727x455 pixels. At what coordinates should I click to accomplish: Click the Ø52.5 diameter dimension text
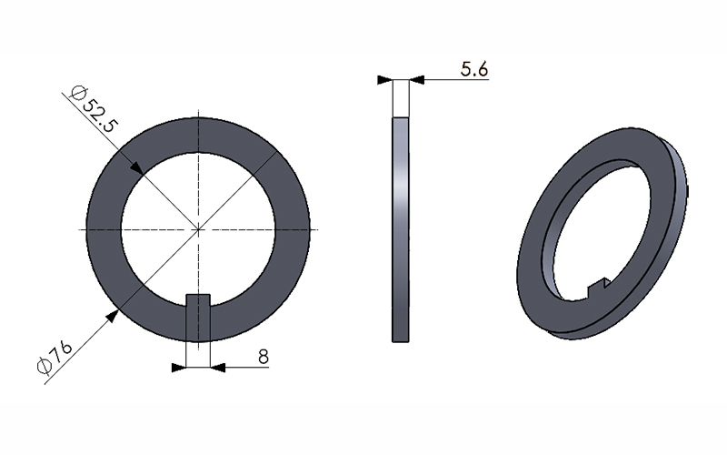94,109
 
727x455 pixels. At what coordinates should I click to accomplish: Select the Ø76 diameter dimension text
55,357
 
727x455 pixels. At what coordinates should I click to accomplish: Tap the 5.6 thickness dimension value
474,69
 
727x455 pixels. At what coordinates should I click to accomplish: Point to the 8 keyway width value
264,357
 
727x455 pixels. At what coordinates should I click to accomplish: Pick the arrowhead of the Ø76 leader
113,316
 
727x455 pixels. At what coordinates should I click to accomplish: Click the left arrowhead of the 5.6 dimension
384,80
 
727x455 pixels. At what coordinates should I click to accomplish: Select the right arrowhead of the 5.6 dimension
417,80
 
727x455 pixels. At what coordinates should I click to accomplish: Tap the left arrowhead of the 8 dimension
178,368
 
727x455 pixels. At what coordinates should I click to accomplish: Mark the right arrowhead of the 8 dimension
218,368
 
